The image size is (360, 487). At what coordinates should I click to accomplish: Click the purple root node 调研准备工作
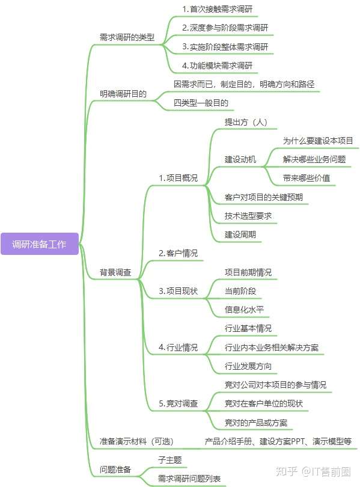40,244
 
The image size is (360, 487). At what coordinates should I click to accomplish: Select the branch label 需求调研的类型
127,38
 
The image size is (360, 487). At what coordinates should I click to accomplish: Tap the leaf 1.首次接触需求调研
218,9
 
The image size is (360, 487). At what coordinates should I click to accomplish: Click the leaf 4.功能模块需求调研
218,66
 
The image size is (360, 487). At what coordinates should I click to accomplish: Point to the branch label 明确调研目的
123,94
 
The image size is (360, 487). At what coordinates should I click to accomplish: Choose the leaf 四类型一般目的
201,103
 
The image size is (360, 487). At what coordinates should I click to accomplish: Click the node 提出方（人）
246,122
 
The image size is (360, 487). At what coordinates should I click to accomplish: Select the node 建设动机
240,160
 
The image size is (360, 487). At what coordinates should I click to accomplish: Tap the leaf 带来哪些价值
307,179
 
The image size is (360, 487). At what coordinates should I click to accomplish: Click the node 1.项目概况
178,179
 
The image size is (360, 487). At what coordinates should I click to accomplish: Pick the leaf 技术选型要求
248,216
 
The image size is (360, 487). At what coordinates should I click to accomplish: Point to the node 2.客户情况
178,254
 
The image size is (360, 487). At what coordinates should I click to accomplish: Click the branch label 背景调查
115,272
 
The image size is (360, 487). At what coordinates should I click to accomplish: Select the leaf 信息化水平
244,310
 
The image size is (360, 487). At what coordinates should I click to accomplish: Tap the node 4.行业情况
178,348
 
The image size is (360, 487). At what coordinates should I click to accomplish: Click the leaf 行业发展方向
248,366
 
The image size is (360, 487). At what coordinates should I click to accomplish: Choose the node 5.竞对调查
178,403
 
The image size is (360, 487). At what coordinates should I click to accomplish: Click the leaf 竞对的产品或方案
256,423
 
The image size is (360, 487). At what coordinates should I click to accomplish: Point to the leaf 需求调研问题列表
189,479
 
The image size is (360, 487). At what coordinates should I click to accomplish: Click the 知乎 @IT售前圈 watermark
313,471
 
